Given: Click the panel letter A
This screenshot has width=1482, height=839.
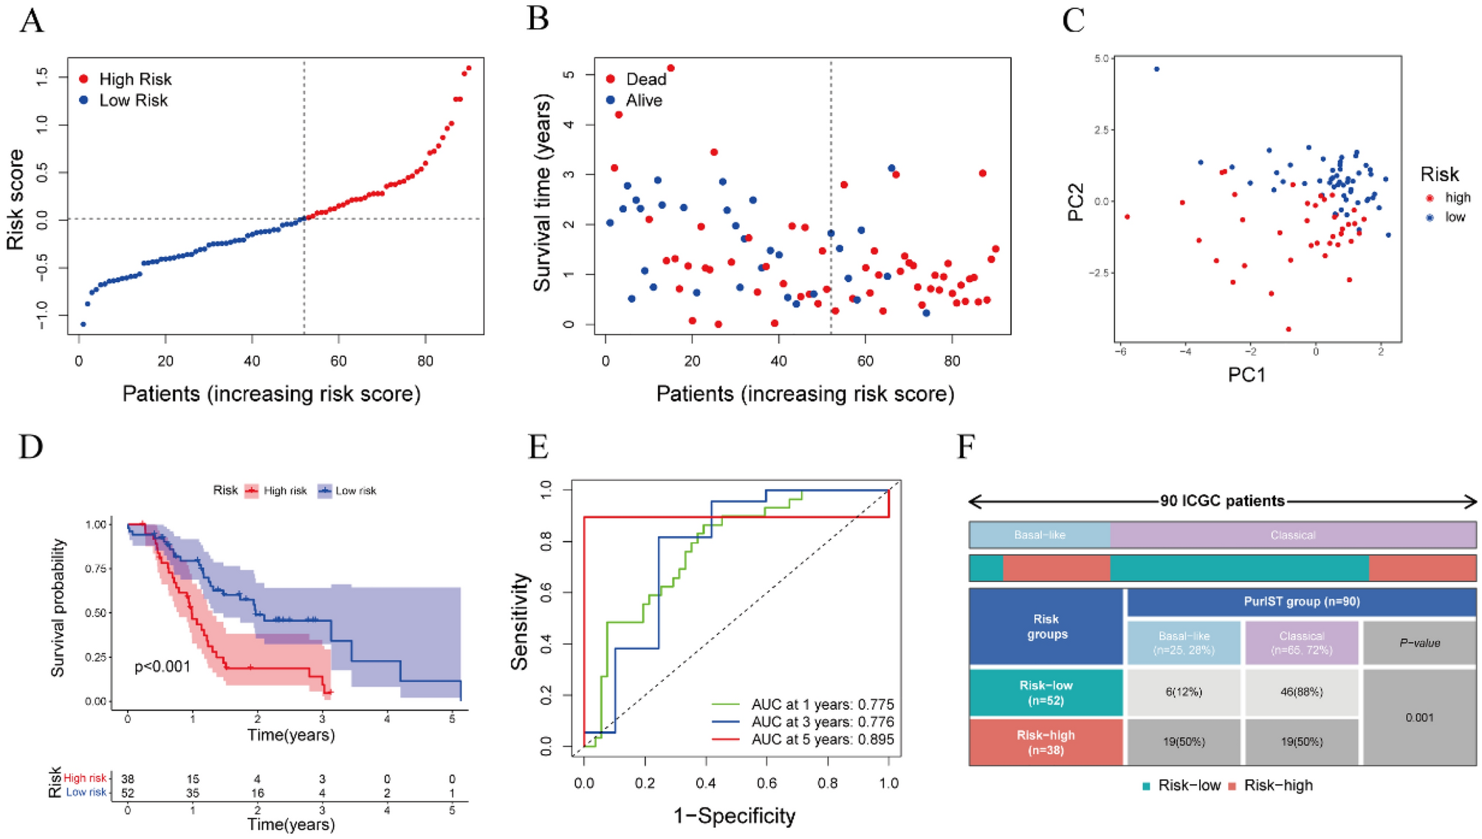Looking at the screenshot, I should click(31, 20).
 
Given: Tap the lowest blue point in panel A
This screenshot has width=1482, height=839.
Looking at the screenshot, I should click(83, 324).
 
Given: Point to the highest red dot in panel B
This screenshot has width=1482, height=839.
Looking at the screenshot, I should click(670, 68).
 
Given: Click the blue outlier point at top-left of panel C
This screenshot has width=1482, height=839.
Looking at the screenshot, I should click(1156, 69).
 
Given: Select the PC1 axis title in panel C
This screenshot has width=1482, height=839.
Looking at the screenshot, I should click(1246, 375).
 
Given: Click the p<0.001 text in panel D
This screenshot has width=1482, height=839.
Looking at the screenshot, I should click(162, 666).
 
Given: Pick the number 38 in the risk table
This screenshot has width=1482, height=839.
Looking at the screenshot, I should click(128, 778).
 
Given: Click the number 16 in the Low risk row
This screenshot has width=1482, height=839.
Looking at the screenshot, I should click(257, 792).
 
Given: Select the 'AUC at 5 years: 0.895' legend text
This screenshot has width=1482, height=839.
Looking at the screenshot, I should click(822, 739).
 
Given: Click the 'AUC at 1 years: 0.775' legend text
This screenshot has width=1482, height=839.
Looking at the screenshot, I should click(822, 704).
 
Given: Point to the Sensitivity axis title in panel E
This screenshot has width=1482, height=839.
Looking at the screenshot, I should click(520, 622).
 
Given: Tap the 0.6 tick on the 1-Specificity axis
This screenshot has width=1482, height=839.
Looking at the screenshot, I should click(766, 783).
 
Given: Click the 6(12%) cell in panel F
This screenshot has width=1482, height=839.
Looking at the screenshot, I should click(1184, 692).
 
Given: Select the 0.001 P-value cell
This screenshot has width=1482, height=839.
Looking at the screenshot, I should click(1418, 717).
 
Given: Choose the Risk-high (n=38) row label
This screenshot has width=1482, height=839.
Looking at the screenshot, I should click(1046, 742).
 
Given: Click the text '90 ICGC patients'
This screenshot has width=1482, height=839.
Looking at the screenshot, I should click(1222, 501).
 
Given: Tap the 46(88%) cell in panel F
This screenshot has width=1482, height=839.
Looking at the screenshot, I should click(1301, 692).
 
